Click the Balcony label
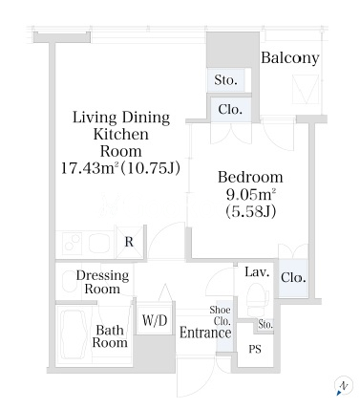[290, 58]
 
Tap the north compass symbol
[343, 386]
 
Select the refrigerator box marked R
[129, 242]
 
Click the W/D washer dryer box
[155, 319]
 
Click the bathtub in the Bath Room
[75, 334]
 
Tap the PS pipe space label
[255, 349]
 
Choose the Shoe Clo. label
[221, 315]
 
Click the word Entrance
[205, 333]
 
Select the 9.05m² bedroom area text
[250, 194]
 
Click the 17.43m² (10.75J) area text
[120, 168]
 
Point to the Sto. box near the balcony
[225, 79]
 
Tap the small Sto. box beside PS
[265, 325]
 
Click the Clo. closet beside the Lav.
[293, 278]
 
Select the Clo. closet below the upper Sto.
[230, 109]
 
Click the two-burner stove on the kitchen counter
[73, 244]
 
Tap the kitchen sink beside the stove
[99, 244]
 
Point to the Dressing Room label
[102, 282]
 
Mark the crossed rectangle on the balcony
[306, 89]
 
